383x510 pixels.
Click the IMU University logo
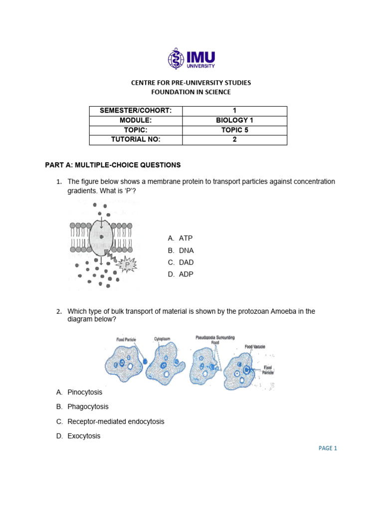[x=191, y=59]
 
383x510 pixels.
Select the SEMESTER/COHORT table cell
[x=136, y=111]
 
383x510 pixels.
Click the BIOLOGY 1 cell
[x=234, y=121]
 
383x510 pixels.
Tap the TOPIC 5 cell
[x=234, y=130]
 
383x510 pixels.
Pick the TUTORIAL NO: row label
[x=136, y=139]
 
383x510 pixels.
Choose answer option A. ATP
[x=181, y=239]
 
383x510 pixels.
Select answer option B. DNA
[x=181, y=251]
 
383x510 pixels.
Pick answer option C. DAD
[x=181, y=262]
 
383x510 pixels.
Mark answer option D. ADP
[x=181, y=274]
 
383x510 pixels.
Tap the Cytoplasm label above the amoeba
[x=162, y=339]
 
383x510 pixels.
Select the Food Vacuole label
[x=255, y=346]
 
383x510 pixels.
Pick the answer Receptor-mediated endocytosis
[x=115, y=421]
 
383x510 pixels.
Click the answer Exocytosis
[x=83, y=436]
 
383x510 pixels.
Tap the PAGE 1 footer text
[x=328, y=448]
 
